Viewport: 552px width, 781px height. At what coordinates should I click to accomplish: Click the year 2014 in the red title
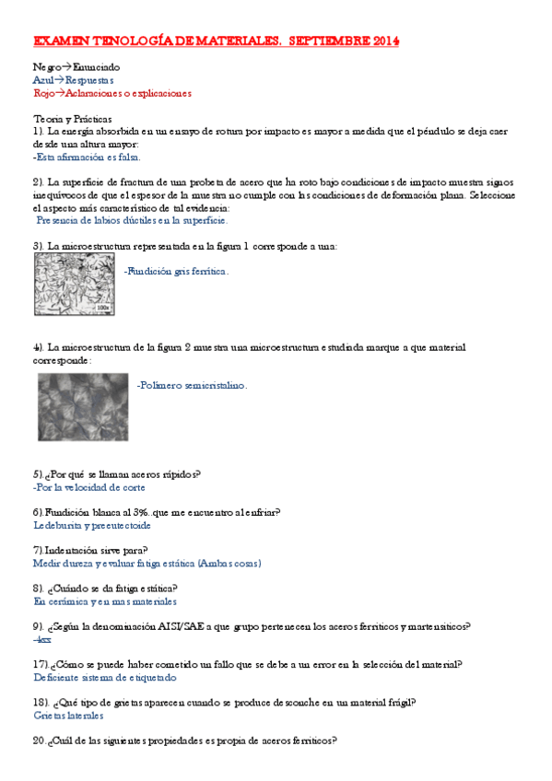pyautogui.click(x=381, y=41)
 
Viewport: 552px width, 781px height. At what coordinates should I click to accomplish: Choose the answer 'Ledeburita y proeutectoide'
pyautogui.click(x=91, y=525)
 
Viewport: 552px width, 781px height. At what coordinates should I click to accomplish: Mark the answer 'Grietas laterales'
pyautogui.click(x=68, y=715)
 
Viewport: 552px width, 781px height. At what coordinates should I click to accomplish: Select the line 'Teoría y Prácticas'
pyautogui.click(x=73, y=119)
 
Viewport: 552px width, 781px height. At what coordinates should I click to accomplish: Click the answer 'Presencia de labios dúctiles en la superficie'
pyautogui.click(x=132, y=221)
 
